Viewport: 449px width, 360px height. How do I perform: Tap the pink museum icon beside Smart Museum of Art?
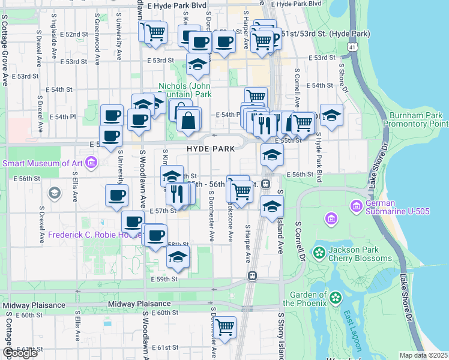[x=91, y=162]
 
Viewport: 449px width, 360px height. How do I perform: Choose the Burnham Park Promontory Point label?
[x=418, y=119]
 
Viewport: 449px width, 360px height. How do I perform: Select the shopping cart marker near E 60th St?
[x=225, y=328]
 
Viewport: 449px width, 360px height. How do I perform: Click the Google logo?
[x=20, y=353]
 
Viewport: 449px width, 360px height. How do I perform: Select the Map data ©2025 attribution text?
[x=423, y=355]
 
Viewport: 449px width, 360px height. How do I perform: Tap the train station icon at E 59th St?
[x=253, y=276]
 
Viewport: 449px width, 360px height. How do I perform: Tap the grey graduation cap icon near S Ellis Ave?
[x=55, y=193]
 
